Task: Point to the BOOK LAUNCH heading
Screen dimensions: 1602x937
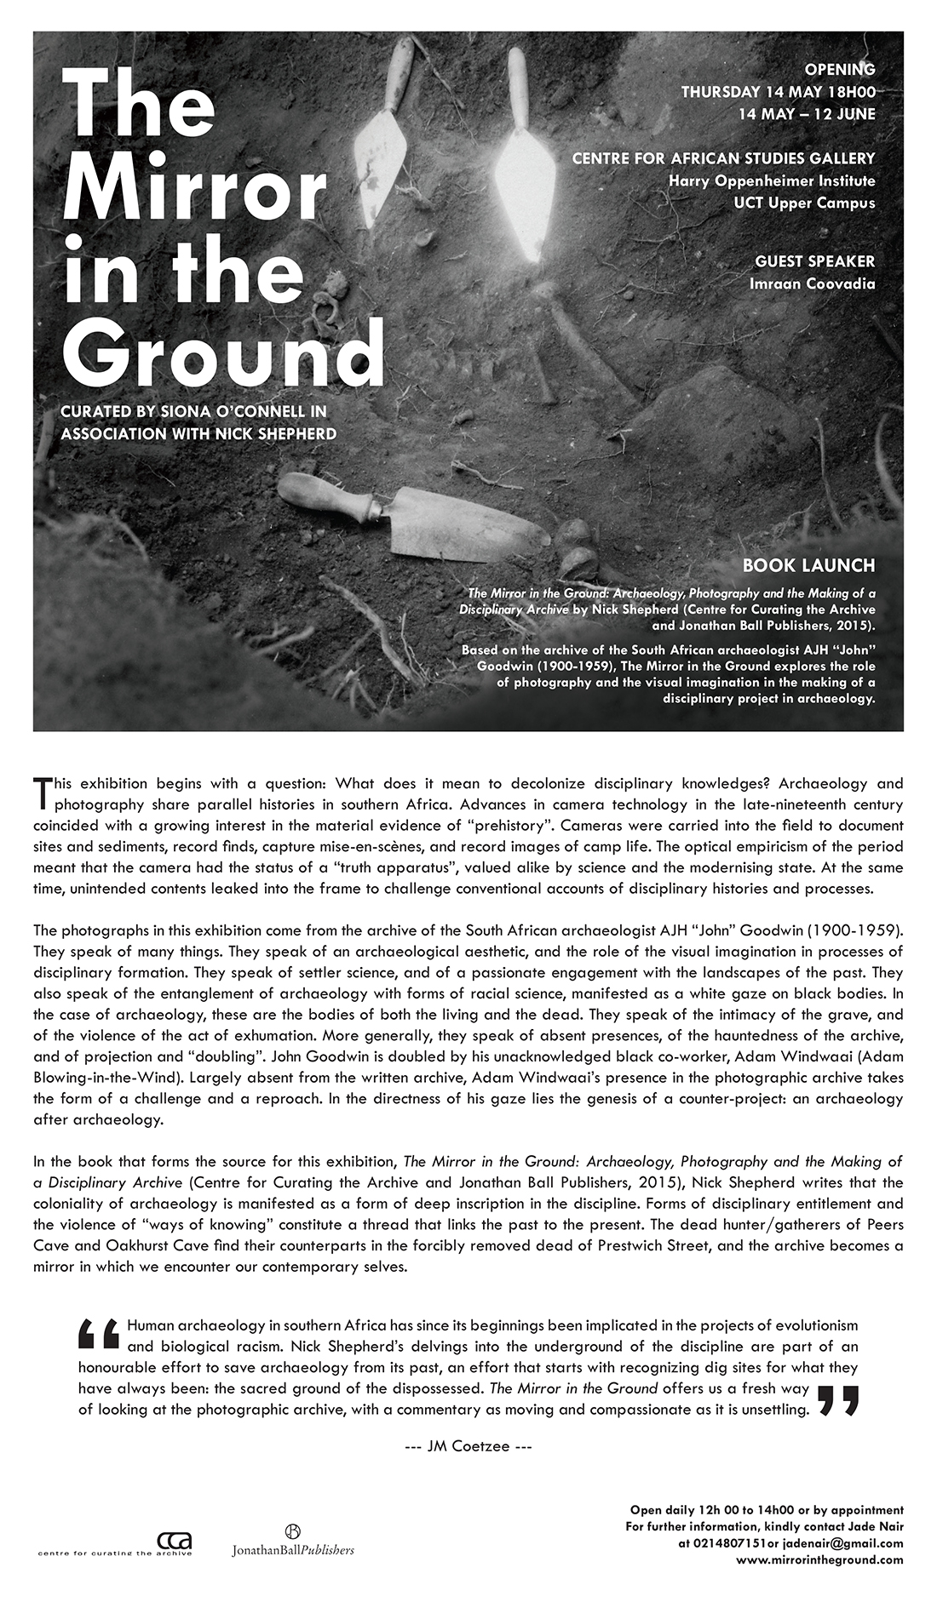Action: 808,565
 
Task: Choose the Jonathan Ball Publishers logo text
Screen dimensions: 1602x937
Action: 292,1550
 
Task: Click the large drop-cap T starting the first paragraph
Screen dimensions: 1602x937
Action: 42,792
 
